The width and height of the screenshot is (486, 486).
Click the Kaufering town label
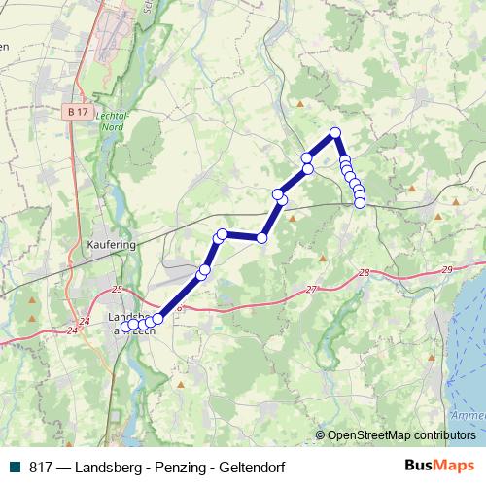pos(110,246)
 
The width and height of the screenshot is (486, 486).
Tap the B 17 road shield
pos(79,113)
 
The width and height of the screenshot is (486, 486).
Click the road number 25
pos(118,290)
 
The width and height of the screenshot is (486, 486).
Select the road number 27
pos(311,290)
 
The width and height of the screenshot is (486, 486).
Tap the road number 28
pos(364,275)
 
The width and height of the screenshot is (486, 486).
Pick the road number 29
pos(446,269)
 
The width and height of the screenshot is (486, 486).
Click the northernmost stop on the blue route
pos(335,132)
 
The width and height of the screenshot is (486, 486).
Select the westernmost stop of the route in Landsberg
pos(125,326)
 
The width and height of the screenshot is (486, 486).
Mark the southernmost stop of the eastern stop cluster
pos(360,202)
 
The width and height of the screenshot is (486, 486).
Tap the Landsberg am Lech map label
pos(130,324)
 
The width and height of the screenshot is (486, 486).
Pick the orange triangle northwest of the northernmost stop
pos(301,103)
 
